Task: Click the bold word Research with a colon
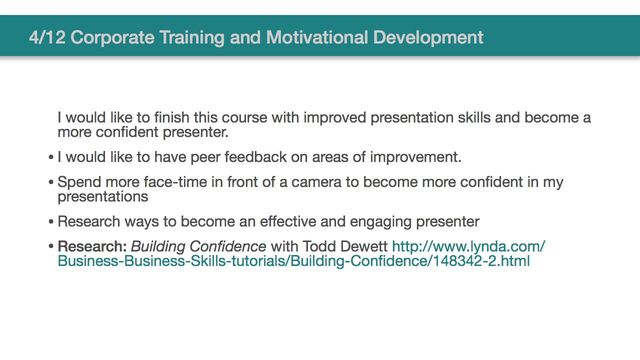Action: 92,246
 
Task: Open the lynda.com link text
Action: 468,246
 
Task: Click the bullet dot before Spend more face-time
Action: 51,183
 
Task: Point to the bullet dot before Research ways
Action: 51,221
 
